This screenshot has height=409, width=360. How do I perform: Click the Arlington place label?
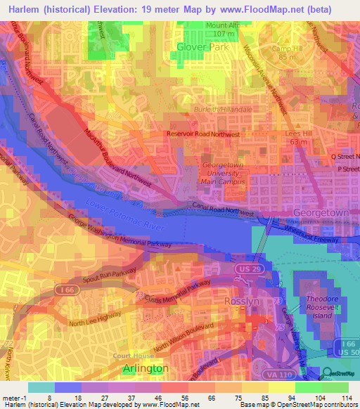(x=146, y=368)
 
